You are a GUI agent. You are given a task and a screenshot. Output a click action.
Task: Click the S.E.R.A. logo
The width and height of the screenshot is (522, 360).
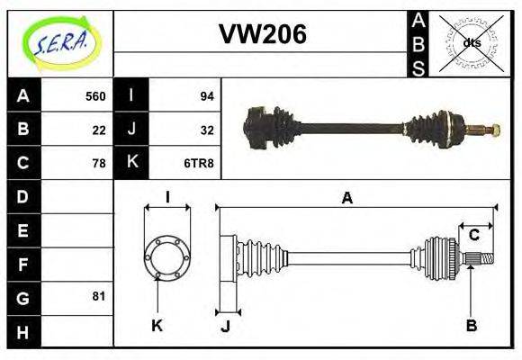[x=60, y=41]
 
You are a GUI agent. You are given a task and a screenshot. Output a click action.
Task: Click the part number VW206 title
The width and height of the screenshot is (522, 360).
[x=262, y=34]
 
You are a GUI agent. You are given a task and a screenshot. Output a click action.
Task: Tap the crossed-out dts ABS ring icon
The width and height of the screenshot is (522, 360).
[x=472, y=42]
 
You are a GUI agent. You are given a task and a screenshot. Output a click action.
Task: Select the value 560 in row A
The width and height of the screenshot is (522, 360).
[x=95, y=96]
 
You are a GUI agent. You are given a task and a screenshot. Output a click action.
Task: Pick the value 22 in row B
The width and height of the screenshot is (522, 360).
[x=99, y=130]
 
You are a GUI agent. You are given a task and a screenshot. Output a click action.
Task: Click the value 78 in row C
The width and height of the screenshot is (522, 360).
[x=99, y=163]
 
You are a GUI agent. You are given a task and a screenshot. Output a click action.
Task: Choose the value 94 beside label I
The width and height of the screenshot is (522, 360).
[x=206, y=96]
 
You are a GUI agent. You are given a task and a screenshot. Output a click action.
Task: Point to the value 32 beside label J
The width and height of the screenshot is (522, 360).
[x=206, y=130]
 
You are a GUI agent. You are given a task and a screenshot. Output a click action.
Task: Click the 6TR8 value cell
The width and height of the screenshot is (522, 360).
[x=200, y=163]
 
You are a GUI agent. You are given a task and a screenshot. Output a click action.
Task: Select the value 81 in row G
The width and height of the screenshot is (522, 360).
[x=99, y=296]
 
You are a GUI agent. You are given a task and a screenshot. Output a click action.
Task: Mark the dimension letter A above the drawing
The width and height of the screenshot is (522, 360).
[x=346, y=199]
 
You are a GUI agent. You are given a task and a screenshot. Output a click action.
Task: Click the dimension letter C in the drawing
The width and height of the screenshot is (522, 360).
[x=473, y=236]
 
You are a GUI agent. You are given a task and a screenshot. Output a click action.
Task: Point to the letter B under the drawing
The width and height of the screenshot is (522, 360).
[x=471, y=325]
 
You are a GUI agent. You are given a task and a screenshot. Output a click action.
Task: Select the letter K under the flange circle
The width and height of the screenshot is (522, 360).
[x=157, y=325]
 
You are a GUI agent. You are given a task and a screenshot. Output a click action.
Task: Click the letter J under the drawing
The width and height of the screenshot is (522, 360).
[x=225, y=326]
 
